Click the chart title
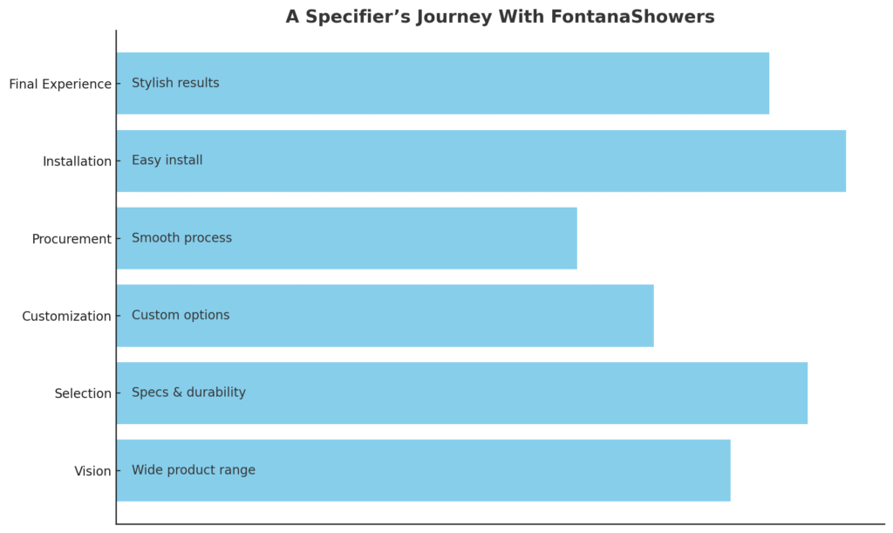[500, 17]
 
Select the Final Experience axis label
[60, 85]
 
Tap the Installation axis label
[77, 161]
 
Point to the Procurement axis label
[72, 239]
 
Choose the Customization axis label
[66, 316]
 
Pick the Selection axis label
[83, 393]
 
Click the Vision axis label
[92, 471]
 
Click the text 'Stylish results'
[175, 83]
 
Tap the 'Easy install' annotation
[167, 160]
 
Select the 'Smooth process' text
[181, 238]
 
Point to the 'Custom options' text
[181, 315]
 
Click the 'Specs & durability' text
[188, 393]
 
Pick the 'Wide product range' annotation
[194, 470]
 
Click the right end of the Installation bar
[846, 161]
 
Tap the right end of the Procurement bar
[577, 239]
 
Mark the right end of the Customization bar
[654, 316]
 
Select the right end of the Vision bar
[731, 471]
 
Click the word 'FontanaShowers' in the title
[633, 17]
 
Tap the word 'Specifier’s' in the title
[357, 17]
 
